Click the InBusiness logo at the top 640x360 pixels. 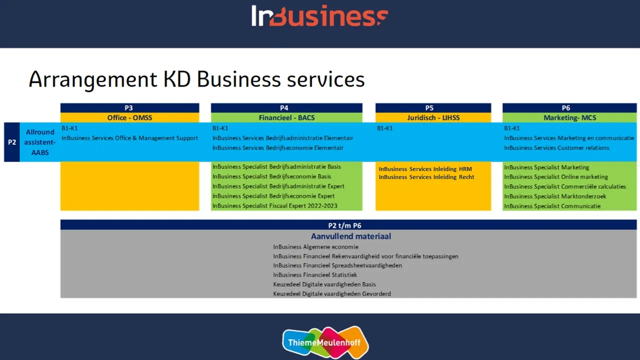[x=319, y=16]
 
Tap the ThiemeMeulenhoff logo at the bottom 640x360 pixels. [x=325, y=342]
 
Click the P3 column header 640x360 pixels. [x=129, y=108]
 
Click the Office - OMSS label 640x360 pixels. [x=129, y=118]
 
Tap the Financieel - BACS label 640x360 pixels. [x=286, y=118]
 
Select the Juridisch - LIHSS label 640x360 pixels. [x=433, y=118]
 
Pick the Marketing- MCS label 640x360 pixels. [x=569, y=118]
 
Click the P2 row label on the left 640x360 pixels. [x=11, y=142]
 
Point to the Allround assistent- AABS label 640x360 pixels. [x=40, y=142]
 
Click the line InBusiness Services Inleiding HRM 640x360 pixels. [x=425, y=169]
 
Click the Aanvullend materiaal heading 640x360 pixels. [x=351, y=236]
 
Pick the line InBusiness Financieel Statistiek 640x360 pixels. [x=315, y=275]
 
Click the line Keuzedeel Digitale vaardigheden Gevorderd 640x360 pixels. [x=332, y=294]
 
